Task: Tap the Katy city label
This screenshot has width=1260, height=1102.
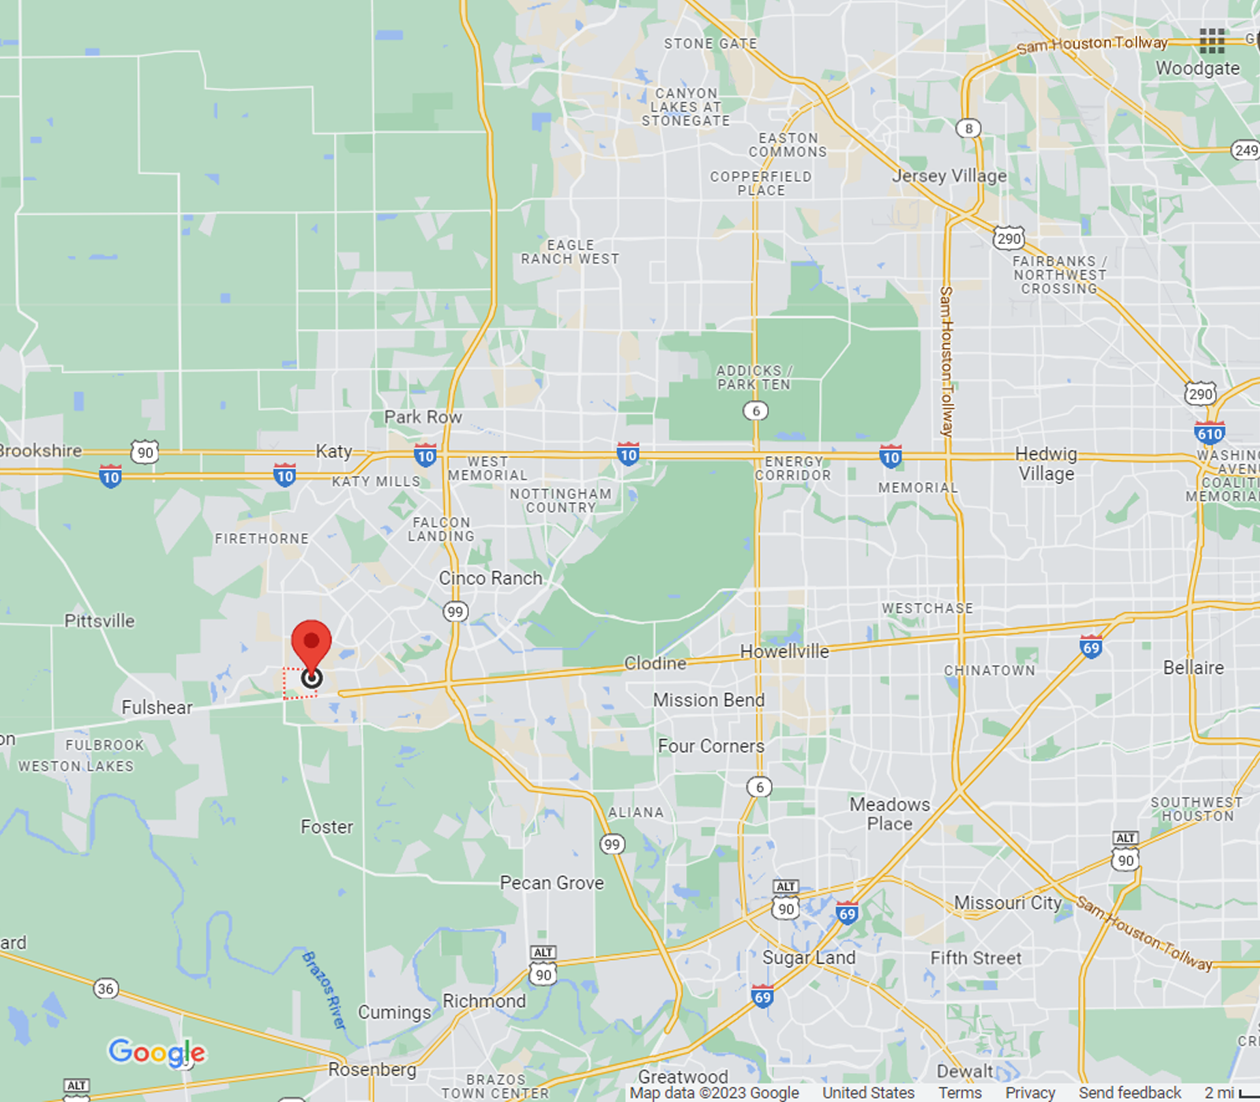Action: click(x=334, y=451)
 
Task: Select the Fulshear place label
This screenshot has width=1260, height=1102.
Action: click(x=157, y=708)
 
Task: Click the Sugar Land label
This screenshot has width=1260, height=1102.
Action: click(x=809, y=958)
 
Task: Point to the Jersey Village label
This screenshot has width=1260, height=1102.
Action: click(x=949, y=176)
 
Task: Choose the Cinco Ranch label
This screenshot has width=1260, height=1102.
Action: click(x=491, y=578)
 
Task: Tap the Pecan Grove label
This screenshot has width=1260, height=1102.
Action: click(x=552, y=883)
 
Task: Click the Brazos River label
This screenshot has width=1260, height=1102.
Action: click(x=324, y=990)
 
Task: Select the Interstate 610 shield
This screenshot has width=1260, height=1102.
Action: click(x=1209, y=433)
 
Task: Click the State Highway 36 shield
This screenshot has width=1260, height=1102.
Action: click(x=106, y=989)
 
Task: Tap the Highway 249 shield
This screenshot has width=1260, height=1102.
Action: click(x=1246, y=150)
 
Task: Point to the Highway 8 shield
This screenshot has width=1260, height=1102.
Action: click(x=969, y=128)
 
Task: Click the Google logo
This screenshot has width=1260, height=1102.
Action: click(x=157, y=1052)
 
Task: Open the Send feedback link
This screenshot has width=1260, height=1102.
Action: click(x=1130, y=1093)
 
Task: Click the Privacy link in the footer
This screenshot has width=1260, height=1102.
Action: click(x=1030, y=1093)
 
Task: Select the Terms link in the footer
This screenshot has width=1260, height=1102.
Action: click(x=960, y=1093)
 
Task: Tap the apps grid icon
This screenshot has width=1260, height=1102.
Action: click(x=1212, y=40)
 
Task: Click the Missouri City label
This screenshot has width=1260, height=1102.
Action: click(x=1008, y=903)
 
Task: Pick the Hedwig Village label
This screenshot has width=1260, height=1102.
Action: click(x=1046, y=464)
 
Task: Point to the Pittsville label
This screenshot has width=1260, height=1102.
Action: click(x=99, y=621)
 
